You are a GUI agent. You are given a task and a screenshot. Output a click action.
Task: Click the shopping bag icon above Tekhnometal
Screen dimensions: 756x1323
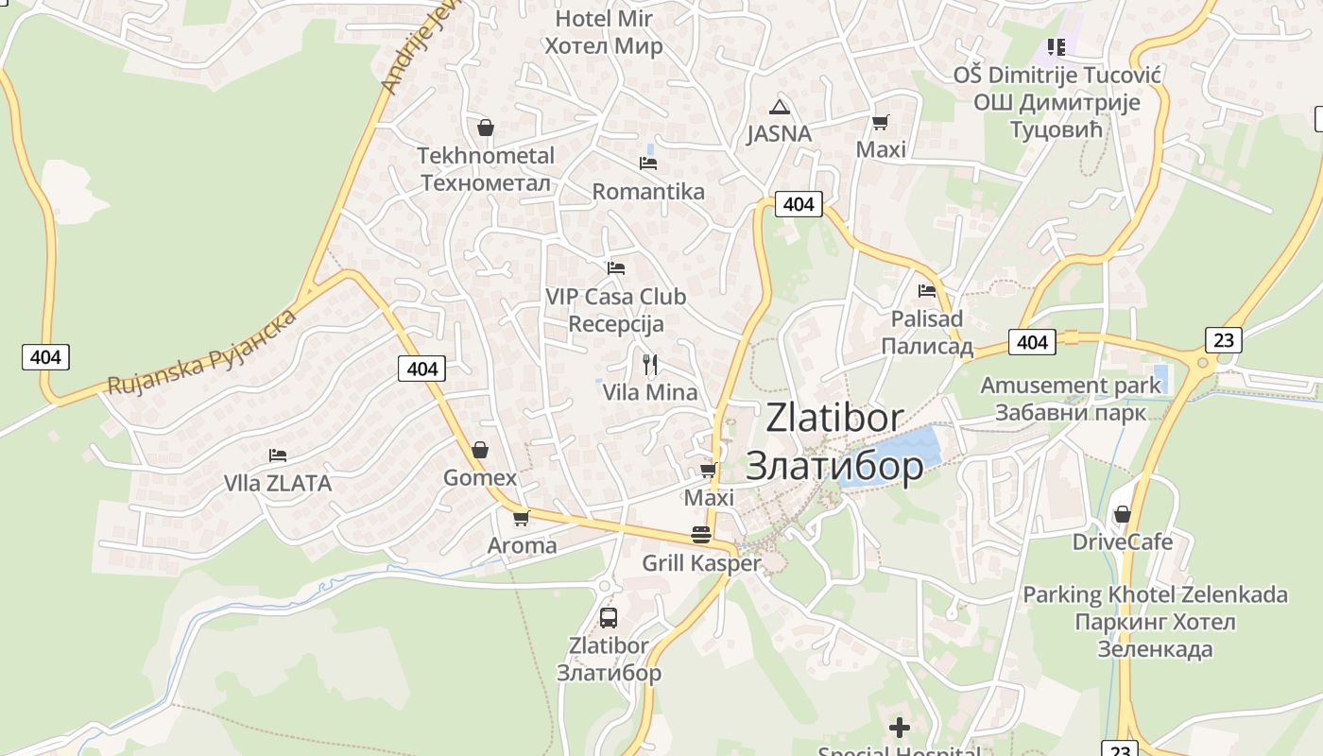pyautogui.click(x=486, y=128)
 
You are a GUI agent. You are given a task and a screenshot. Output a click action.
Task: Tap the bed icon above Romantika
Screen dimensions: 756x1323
pyautogui.click(x=648, y=163)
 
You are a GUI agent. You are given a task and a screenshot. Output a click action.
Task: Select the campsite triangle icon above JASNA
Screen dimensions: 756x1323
pyautogui.click(x=779, y=107)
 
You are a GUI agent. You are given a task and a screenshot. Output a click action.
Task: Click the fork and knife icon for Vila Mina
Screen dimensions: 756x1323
pyautogui.click(x=649, y=365)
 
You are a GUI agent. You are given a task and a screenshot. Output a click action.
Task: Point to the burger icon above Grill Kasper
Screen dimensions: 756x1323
pyautogui.click(x=701, y=535)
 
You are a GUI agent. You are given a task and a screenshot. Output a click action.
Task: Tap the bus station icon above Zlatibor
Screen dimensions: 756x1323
pyautogui.click(x=609, y=618)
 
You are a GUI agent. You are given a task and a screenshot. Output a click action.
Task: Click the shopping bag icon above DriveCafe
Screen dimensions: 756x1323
pyautogui.click(x=1123, y=514)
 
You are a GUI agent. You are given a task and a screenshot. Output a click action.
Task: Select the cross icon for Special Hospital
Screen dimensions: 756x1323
pyautogui.click(x=900, y=728)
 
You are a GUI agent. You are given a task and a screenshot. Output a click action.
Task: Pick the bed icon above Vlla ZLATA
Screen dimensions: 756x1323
pyautogui.click(x=278, y=455)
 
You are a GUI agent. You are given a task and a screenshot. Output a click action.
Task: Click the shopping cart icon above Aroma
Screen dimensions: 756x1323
pyautogui.click(x=521, y=518)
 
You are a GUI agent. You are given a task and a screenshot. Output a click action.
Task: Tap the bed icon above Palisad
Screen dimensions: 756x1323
pyautogui.click(x=926, y=291)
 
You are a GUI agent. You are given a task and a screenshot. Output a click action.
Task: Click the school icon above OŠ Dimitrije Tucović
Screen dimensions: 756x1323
pyautogui.click(x=1057, y=46)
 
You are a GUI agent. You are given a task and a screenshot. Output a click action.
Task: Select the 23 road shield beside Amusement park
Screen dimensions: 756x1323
pyautogui.click(x=1223, y=340)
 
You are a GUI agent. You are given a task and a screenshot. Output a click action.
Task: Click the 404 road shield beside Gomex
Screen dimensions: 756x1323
pyautogui.click(x=421, y=369)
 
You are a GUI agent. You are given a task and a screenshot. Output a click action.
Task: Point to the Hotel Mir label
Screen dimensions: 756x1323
pyautogui.click(x=604, y=19)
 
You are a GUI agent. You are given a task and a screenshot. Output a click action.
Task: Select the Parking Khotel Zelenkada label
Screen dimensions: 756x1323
pyautogui.click(x=1155, y=595)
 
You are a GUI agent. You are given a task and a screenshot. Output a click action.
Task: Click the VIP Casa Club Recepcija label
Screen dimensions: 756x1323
pyautogui.click(x=616, y=310)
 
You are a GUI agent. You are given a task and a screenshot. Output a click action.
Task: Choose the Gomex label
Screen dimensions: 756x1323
pyautogui.click(x=480, y=478)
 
